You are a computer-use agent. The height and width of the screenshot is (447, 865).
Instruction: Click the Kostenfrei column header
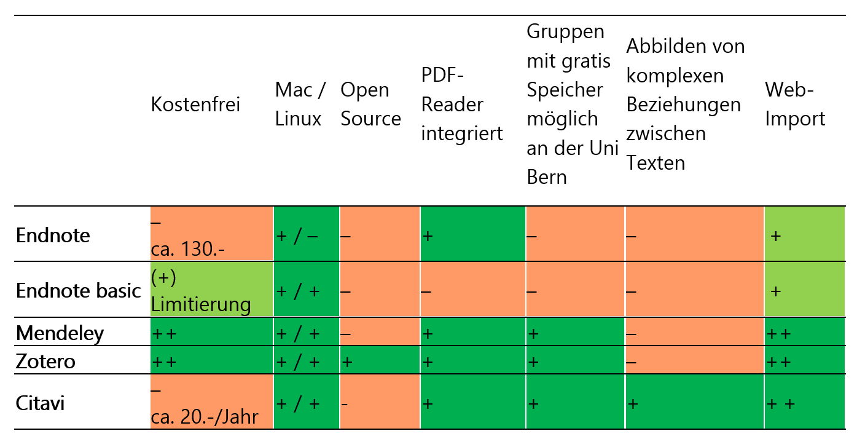pyautogui.click(x=195, y=105)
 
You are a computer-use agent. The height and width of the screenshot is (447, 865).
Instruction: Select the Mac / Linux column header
pyautogui.click(x=300, y=105)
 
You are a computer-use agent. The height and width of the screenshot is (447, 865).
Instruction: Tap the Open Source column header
pyautogui.click(x=370, y=105)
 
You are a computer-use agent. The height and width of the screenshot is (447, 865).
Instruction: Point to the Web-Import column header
pyautogui.click(x=795, y=105)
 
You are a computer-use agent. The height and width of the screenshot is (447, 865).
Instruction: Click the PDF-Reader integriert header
pyautogui.click(x=462, y=105)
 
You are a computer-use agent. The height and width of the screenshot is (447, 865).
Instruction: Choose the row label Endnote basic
pyautogui.click(x=79, y=290)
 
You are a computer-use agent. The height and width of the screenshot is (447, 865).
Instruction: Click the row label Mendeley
pyautogui.click(x=60, y=333)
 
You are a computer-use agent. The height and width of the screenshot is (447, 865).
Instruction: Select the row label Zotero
pyautogui.click(x=46, y=362)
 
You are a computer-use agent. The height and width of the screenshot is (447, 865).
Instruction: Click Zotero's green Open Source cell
pyautogui.click(x=380, y=361)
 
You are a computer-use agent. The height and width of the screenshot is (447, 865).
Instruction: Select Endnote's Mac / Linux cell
pyautogui.click(x=306, y=234)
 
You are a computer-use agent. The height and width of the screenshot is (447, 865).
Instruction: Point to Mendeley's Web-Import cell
pyautogui.click(x=804, y=333)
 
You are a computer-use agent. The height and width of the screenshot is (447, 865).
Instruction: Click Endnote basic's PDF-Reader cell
pyautogui.click(x=472, y=290)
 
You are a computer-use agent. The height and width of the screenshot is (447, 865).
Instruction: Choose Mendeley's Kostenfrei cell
pyautogui.click(x=211, y=333)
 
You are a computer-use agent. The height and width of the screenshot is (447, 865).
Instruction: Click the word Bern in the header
pyautogui.click(x=547, y=177)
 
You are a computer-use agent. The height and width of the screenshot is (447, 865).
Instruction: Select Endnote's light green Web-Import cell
pyautogui.click(x=804, y=234)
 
